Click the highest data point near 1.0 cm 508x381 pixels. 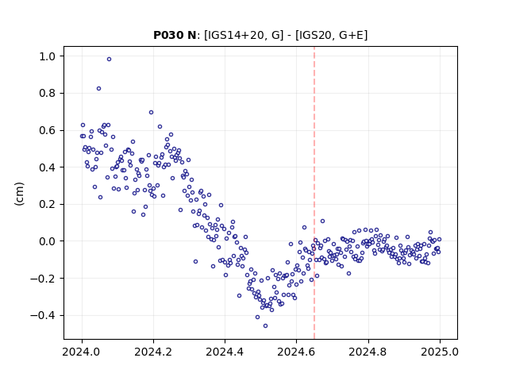pos(110,60)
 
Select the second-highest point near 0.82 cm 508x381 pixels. pos(98,89)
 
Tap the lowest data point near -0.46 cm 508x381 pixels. pos(265,326)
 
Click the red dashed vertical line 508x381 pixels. pos(314,193)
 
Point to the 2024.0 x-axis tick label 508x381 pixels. pos(82,352)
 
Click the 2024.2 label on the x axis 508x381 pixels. pos(153,352)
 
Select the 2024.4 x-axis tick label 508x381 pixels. pos(225,352)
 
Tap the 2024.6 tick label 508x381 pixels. pos(296,352)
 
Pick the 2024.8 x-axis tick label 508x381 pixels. pos(368,352)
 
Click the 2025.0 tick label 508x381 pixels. pos(440,352)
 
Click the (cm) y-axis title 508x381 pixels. pos(19,194)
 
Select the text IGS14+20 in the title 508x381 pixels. pos(234,35)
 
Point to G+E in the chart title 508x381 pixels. pos(351,35)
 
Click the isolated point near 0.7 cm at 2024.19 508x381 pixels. pos(151,113)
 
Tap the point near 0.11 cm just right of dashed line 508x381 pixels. pos(323,221)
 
